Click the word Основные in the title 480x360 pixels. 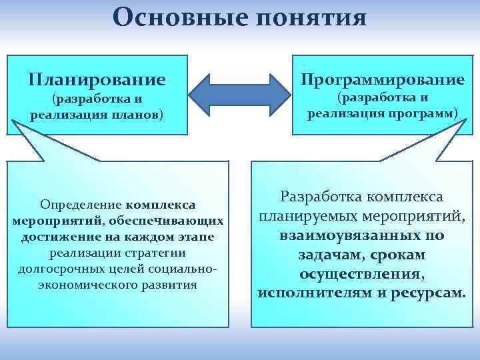pyautogui.click(x=173, y=17)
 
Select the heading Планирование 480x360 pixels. pyautogui.click(x=97, y=80)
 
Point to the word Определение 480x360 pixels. pyautogui.click(x=81, y=203)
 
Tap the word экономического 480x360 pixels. pyautogui.click(x=79, y=285)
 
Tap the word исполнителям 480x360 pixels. pyautogui.click(x=309, y=293)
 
